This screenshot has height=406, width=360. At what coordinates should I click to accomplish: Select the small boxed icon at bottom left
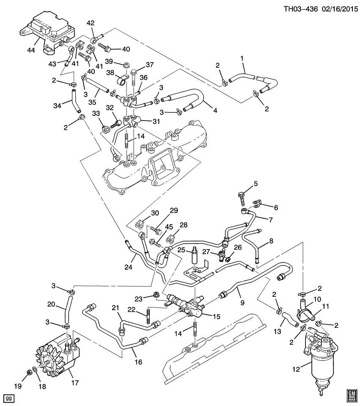coord(8,398)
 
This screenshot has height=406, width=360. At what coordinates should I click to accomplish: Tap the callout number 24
coord(128,267)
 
